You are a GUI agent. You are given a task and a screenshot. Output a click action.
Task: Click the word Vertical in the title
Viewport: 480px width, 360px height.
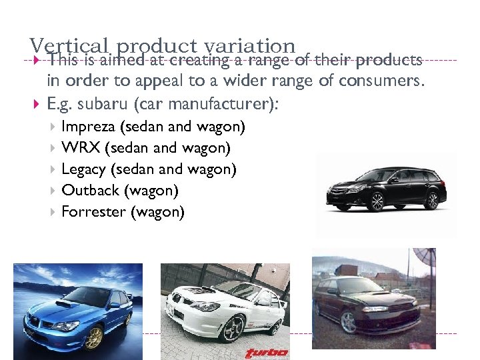coord(68,46)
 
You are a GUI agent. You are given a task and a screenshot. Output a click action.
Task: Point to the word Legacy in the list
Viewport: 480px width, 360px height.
coord(83,169)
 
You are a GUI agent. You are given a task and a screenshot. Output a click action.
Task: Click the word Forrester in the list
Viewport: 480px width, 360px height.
coord(93,212)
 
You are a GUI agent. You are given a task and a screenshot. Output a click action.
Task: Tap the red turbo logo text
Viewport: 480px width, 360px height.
coord(267,353)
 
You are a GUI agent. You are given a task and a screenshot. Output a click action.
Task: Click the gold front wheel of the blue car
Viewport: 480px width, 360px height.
coord(94,337)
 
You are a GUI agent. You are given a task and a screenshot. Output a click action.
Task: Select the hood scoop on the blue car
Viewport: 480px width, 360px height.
coord(67,303)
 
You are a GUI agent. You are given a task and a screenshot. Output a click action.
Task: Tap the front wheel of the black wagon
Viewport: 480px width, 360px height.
coord(377,201)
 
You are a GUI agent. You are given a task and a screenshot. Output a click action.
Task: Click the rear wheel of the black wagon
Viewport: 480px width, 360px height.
coord(433,199)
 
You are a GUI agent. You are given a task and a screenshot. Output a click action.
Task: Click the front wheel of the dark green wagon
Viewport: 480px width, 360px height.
coord(348,322)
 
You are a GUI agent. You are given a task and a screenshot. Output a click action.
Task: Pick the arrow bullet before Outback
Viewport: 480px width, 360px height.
coord(53,191)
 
